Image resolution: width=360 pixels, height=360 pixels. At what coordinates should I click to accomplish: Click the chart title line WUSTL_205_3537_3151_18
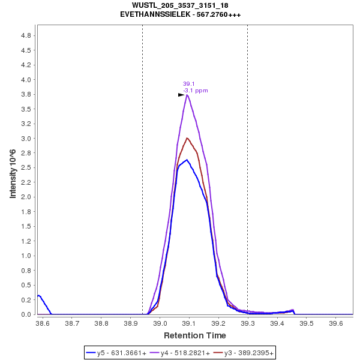point(180,5)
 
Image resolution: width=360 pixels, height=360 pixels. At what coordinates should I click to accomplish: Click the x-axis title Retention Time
point(195,335)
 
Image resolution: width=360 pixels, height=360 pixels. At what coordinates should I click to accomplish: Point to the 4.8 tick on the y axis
point(26,35)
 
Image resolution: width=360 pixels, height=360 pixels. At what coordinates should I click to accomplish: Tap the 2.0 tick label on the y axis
point(26,197)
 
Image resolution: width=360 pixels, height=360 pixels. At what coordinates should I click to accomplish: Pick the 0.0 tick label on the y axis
point(26,314)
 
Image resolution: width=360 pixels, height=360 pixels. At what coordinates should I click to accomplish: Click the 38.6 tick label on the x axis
point(43,323)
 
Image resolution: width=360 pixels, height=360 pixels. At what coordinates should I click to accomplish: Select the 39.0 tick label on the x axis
point(160,323)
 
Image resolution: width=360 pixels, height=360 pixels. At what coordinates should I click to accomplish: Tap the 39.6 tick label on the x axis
point(335,323)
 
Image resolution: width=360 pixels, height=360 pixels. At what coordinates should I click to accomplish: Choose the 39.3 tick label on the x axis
point(248,323)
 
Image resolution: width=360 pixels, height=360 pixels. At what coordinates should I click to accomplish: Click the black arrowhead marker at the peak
point(181,95)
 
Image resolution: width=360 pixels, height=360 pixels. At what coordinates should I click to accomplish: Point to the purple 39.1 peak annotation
point(188,84)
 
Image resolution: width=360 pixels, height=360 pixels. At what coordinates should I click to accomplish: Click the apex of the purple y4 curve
point(188,95)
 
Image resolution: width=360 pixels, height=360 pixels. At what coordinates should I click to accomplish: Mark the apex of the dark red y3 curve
point(187,138)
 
